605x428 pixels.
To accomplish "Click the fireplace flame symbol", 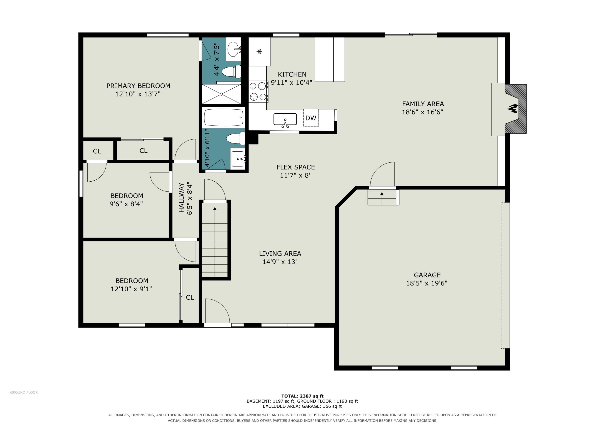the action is [513, 108].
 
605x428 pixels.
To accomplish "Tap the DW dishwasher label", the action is [311, 118].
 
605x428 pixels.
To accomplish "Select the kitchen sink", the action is [285, 120].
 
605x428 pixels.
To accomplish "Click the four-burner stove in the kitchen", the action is [258, 91].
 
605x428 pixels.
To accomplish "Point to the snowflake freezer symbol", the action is [259, 51].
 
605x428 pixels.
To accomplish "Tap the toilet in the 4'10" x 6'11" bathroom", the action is [236, 139].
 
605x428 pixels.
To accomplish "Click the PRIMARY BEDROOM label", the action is [138, 86].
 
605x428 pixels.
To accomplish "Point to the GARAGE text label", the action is [427, 275].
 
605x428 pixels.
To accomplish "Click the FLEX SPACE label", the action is [296, 167].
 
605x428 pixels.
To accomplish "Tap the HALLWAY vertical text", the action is [181, 198].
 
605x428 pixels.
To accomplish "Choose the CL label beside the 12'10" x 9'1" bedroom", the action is [190, 297].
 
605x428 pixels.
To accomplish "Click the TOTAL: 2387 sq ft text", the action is [302, 396].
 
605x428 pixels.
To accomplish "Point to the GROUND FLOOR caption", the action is [24, 392].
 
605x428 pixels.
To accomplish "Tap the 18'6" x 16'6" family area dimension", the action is [422, 112].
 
